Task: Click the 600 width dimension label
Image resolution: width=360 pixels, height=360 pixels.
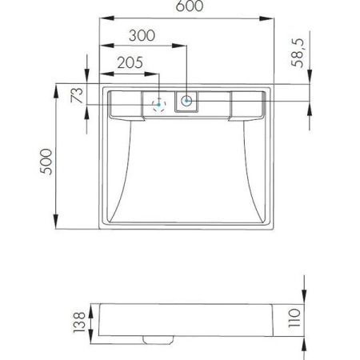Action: [190, 6]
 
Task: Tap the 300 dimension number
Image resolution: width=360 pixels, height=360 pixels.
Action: [142, 35]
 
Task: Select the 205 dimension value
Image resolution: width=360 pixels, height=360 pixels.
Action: [130, 62]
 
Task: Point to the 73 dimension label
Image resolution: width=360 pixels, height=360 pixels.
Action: [77, 95]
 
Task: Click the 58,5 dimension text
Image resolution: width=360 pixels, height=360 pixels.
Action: [298, 53]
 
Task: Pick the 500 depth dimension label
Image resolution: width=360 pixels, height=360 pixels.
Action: [46, 162]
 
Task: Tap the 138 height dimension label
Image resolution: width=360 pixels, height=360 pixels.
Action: [79, 322]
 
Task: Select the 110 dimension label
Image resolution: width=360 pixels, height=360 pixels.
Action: [294, 318]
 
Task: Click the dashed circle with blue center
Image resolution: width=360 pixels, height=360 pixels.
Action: [159, 105]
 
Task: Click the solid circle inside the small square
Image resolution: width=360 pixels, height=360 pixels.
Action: [186, 101]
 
